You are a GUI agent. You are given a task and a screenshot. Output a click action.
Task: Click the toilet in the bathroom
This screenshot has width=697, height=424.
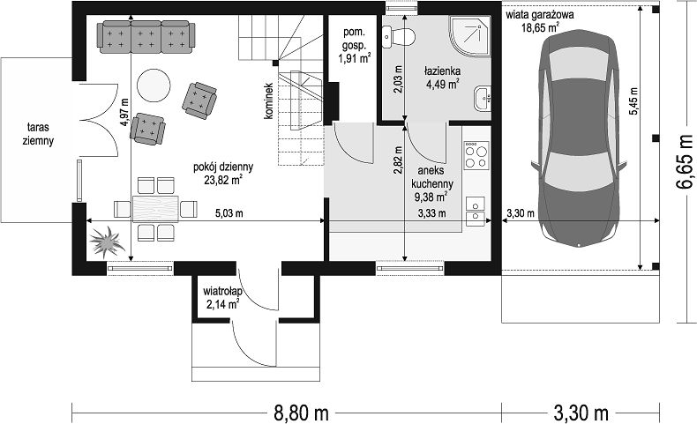click(x=398, y=36)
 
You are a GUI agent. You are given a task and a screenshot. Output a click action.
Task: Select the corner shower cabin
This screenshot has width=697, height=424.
click(x=470, y=37)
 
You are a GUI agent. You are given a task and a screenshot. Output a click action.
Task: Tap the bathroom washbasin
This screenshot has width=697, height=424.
click(x=483, y=99)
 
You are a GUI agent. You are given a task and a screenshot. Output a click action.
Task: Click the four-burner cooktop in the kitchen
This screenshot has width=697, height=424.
click(x=476, y=155)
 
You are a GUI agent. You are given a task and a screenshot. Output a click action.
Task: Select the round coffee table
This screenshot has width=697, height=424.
click(x=154, y=86)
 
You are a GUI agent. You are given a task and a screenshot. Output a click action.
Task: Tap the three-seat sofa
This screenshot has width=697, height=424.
click(x=146, y=37)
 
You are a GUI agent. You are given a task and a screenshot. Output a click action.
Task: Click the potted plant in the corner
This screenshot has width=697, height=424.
click(x=106, y=242)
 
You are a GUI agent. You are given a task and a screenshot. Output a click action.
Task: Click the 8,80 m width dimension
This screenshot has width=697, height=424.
click(x=301, y=413)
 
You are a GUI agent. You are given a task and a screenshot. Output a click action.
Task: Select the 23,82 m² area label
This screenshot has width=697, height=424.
click(x=223, y=180)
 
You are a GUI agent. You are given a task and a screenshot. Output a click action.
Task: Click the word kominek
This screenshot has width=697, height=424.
click(x=268, y=100)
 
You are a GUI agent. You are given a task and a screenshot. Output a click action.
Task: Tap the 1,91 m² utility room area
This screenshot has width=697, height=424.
click(x=355, y=58)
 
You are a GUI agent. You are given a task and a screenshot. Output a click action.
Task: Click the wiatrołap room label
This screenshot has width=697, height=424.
click(x=222, y=292)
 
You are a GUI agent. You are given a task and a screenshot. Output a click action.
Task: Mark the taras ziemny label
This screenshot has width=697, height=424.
click(x=38, y=134)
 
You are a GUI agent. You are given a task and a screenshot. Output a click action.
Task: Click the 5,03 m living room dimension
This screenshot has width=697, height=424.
click(x=229, y=213)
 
